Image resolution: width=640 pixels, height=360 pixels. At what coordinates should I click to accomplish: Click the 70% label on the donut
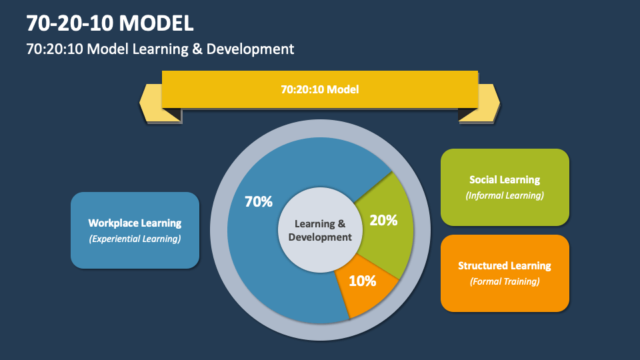pos(259,202)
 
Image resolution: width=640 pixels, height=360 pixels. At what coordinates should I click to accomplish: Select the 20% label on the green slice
pos(383,220)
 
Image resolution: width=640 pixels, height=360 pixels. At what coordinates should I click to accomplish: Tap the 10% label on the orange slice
pos(362,281)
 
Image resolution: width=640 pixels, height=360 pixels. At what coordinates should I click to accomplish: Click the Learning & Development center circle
pos(320,230)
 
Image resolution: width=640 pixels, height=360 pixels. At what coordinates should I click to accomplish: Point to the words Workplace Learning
pos(135,223)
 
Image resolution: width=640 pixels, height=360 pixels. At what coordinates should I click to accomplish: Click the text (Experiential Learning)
pos(135,239)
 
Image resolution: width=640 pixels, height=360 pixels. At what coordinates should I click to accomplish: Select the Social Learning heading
pos(505,179)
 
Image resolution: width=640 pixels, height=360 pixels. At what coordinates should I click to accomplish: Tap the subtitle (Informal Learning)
pos(505,195)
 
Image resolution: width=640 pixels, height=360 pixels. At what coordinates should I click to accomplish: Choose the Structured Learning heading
pos(505,265)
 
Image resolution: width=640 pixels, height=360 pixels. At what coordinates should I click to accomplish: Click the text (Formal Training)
pos(505,281)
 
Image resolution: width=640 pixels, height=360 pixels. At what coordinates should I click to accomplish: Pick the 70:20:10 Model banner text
pos(320,89)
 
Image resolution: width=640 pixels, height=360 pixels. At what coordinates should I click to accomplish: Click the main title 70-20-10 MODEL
pos(110,24)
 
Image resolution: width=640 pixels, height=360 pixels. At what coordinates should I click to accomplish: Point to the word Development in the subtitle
pos(256,49)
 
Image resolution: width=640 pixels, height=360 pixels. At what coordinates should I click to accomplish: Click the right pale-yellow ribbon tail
pos(489,103)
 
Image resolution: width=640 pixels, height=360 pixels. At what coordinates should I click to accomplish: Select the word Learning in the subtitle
pos(169,49)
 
